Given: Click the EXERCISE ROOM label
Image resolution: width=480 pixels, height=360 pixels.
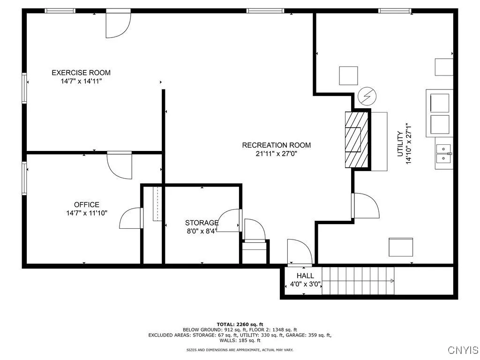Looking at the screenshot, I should point(81,73).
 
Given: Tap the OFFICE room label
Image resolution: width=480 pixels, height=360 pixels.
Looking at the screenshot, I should point(87,205).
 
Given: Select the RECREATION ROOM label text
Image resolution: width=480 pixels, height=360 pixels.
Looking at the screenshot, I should point(276,145).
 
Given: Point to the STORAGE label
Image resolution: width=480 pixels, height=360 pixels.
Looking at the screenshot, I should point(202,223).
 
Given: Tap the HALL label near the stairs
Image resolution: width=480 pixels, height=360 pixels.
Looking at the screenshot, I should point(305,276).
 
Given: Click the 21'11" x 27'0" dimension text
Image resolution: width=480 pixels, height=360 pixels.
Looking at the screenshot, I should point(276,153).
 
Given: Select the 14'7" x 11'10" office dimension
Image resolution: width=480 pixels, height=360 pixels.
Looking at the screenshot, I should point(87,213).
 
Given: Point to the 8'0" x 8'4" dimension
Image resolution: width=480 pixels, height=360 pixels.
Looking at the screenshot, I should point(202,231).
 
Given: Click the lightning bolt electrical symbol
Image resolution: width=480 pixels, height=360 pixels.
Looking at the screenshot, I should point(367,97).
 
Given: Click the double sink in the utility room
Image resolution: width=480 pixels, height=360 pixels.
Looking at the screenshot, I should point(443,154).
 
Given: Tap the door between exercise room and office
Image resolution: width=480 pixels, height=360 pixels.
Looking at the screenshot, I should point(120,165).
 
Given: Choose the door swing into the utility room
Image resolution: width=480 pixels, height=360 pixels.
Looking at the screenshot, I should point(365,206).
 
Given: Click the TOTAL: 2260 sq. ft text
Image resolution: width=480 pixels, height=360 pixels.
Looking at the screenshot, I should point(240,324).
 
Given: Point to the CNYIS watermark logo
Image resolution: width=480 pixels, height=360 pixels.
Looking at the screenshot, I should point(463,350).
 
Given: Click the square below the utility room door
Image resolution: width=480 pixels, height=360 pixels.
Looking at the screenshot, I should point(401,247).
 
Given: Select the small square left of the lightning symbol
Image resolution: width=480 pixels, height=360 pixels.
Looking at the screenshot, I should point(348,75).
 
